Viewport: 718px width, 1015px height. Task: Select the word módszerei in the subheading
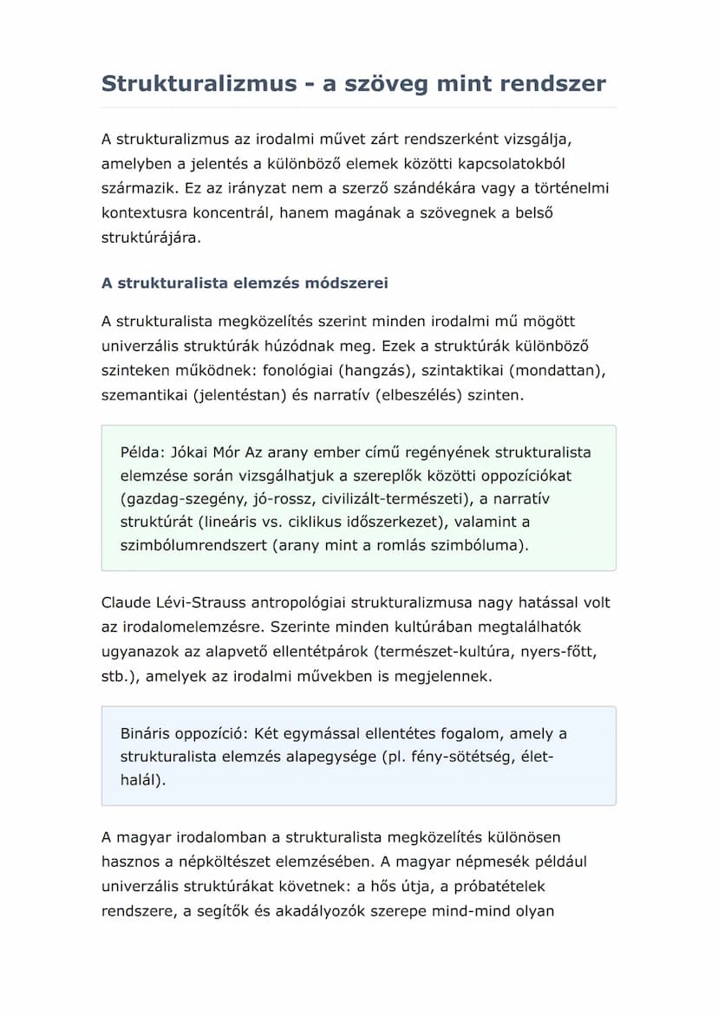click(x=346, y=283)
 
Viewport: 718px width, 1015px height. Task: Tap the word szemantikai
click(x=143, y=395)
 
